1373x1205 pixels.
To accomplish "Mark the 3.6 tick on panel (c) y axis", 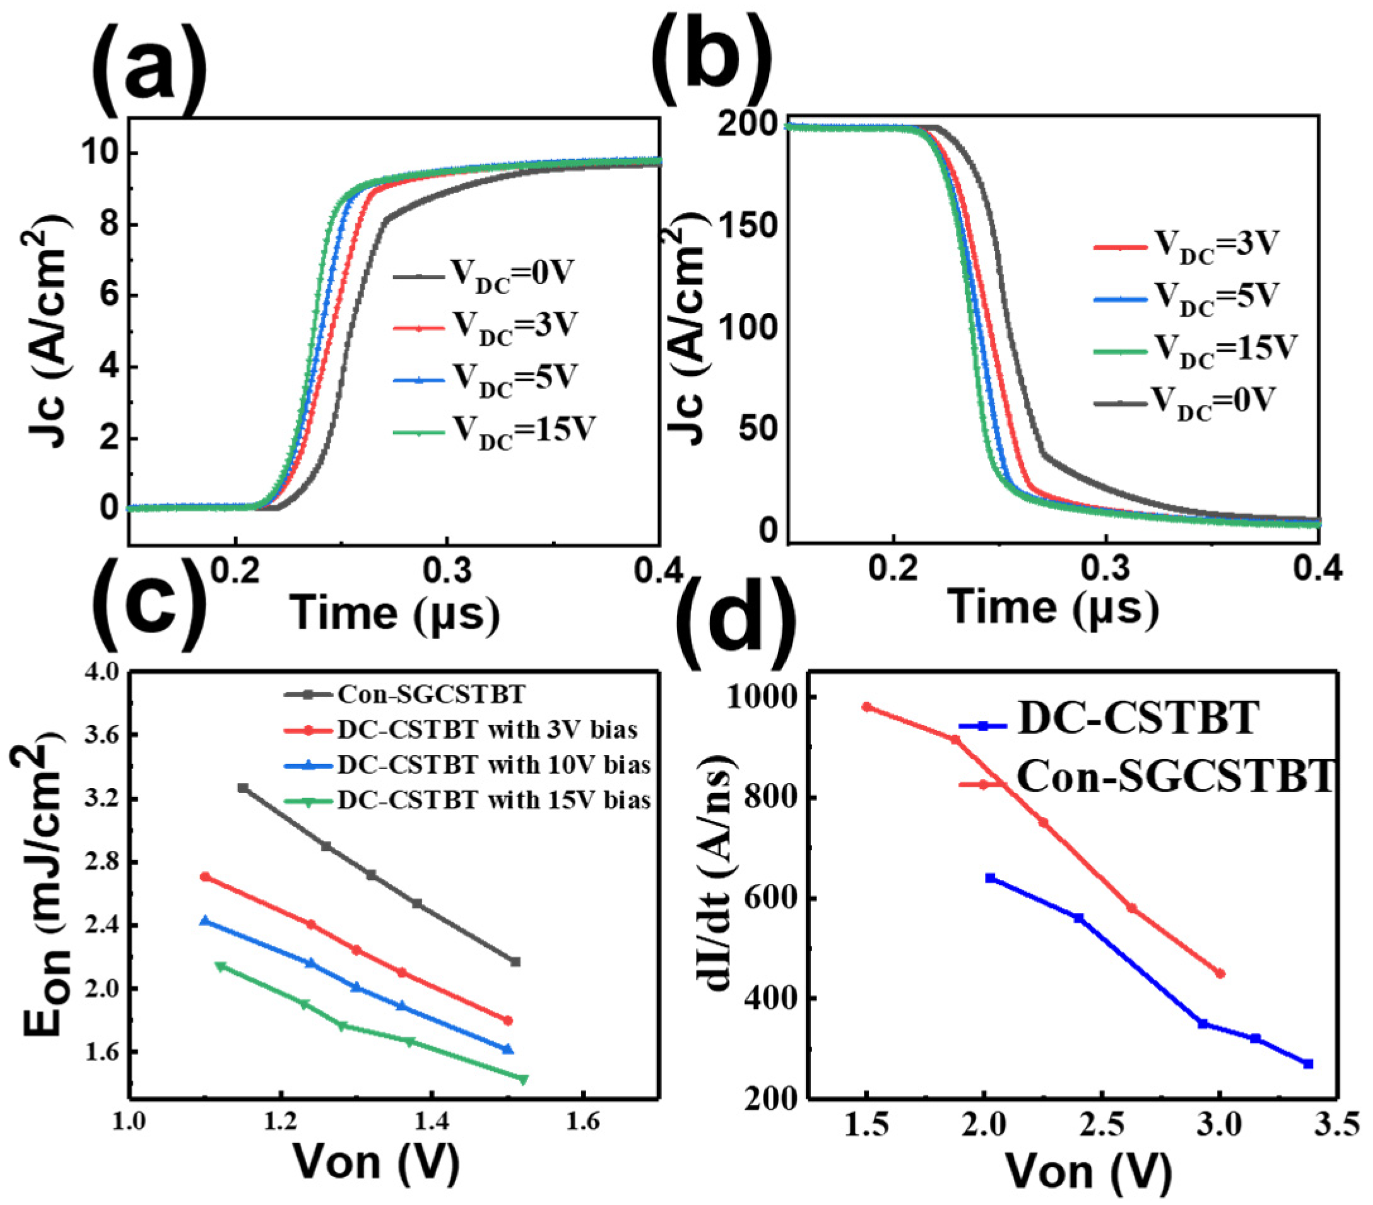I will pyautogui.click(x=101, y=736).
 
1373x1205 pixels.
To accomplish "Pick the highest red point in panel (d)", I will pyautogui.click(x=866, y=707).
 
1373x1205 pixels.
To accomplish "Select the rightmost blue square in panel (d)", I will pyautogui.click(x=1308, y=1064).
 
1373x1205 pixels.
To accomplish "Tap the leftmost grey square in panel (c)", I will pyautogui.click(x=243, y=788).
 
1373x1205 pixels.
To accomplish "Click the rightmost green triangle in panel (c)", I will pyautogui.click(x=523, y=1079).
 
